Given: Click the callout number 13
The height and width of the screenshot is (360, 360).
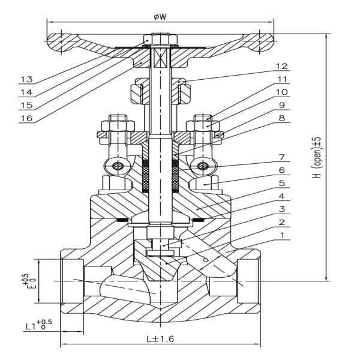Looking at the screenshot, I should [x=26, y=79].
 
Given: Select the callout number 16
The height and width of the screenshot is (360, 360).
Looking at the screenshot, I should [x=26, y=118].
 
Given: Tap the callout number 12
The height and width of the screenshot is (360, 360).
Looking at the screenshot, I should [x=281, y=66].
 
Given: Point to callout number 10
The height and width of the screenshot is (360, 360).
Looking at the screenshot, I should [x=281, y=92].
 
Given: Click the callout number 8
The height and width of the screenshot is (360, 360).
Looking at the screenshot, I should [x=281, y=118].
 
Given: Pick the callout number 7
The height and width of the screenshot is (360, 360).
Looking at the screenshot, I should [x=281, y=157].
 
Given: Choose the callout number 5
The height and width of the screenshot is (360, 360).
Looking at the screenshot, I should [x=281, y=183].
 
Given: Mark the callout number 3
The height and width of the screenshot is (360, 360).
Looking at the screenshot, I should [x=281, y=209].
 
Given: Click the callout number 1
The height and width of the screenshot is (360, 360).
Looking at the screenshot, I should [x=281, y=235].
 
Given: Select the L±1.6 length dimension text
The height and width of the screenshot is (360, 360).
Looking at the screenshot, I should [x=160, y=339].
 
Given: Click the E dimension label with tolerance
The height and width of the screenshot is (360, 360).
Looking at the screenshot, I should [x=25, y=280].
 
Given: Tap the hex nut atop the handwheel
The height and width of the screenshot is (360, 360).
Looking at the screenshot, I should [x=160, y=41].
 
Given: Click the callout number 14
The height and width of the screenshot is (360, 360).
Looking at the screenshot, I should [x=26, y=92].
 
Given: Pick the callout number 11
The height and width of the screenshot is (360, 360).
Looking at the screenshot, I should [x=281, y=79].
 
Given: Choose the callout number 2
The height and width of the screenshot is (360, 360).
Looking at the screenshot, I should [x=281, y=222].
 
